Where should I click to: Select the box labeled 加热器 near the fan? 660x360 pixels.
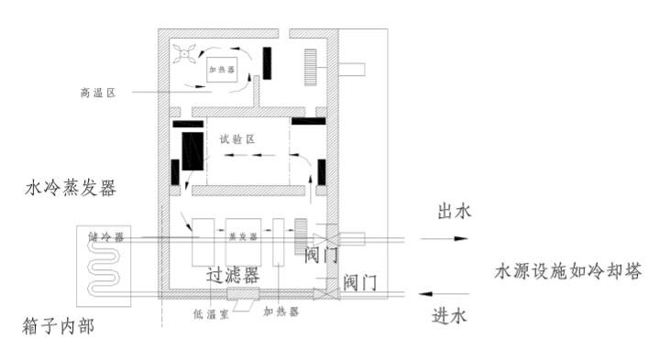(x=221, y=69)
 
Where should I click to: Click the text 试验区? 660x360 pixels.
(x=236, y=138)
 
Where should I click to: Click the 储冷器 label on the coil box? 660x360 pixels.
(x=107, y=235)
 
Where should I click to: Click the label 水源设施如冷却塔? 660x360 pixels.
(x=567, y=272)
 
